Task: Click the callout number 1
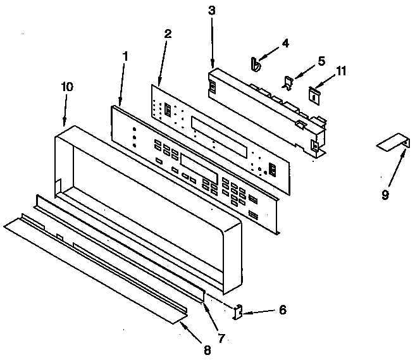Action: pyautogui.click(x=125, y=56)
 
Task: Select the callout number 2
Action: pyautogui.click(x=167, y=34)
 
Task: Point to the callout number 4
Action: pyautogui.click(x=285, y=44)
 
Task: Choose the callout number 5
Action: pyautogui.click(x=321, y=61)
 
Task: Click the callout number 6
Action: pyautogui.click(x=282, y=310)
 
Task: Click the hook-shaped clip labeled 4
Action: pyautogui.click(x=255, y=64)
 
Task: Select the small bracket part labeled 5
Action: pyautogui.click(x=288, y=82)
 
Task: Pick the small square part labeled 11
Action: pyautogui.click(x=313, y=93)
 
